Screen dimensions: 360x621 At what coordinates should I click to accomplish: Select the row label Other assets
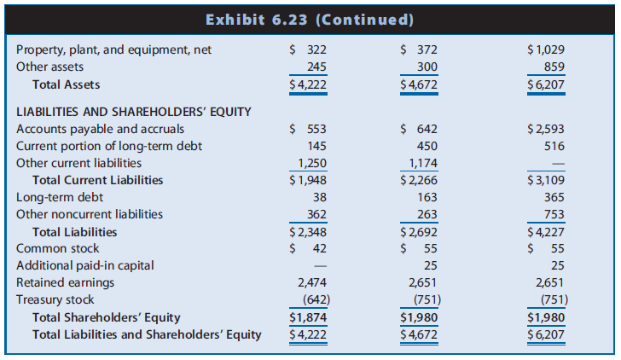coord(50,67)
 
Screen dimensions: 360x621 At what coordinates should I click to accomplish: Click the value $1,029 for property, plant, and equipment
coord(546,49)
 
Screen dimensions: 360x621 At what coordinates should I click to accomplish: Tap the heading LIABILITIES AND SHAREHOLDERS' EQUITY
coord(133,111)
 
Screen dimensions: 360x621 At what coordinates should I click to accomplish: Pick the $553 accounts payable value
coord(309,129)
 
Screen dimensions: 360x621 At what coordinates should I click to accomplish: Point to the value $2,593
coord(546,129)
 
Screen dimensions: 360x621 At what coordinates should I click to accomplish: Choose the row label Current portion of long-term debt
coord(109,146)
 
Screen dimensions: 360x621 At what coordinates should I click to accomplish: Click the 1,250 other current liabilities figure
coord(311,163)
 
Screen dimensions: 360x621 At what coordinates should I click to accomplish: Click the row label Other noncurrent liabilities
coord(90,214)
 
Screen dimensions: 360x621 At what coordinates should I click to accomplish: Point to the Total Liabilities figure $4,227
coord(546,231)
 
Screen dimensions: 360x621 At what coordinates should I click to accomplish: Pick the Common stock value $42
coord(309,248)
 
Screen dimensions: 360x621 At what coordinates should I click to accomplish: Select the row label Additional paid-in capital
coord(85,265)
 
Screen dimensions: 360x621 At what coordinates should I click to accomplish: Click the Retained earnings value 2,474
coord(311,282)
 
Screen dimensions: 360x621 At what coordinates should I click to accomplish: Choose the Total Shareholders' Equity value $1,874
coord(309,317)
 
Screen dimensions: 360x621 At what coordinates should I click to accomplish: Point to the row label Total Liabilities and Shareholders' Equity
coord(147,334)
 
